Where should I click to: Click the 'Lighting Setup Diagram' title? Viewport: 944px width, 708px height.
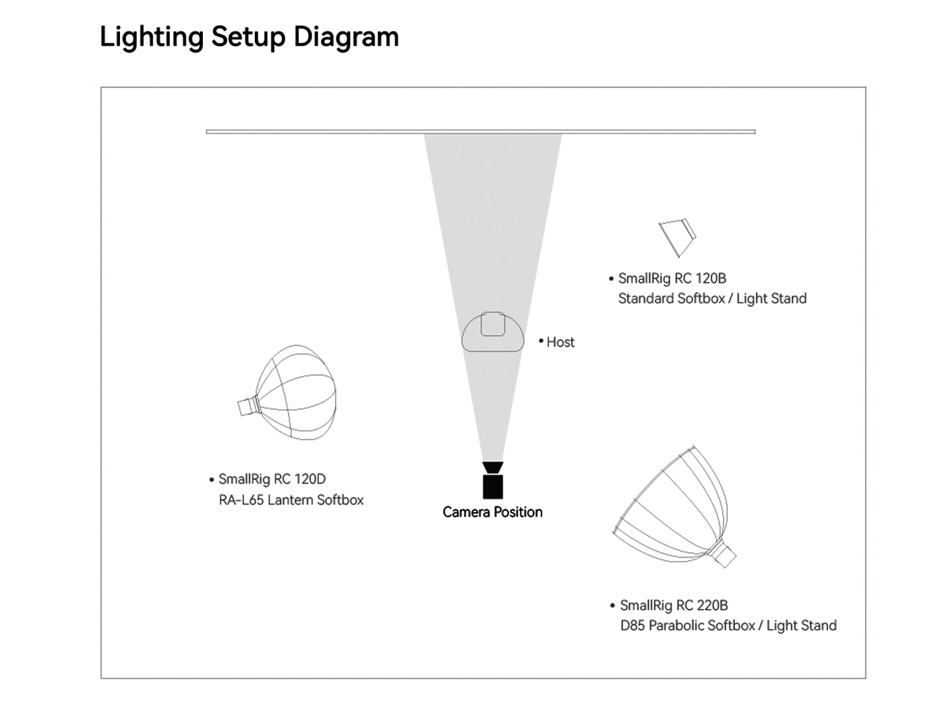click(x=249, y=36)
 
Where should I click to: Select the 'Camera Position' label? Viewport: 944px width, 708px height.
click(x=492, y=512)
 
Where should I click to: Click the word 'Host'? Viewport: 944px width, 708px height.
click(x=560, y=343)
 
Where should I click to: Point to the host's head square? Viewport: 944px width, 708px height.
click(x=492, y=324)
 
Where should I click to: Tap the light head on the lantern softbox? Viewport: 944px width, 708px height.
click(x=247, y=407)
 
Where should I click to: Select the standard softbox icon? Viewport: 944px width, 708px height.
click(x=677, y=237)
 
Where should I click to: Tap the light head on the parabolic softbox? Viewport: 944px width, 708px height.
click(x=726, y=555)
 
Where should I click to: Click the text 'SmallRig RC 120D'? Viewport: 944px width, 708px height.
click(x=272, y=479)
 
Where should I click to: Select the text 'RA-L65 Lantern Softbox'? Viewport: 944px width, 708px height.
click(x=291, y=500)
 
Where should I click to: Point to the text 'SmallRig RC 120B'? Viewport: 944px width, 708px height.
click(x=672, y=278)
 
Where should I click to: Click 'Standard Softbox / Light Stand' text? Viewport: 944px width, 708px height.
click(x=712, y=299)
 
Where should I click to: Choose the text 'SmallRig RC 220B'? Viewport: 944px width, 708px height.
click(x=674, y=606)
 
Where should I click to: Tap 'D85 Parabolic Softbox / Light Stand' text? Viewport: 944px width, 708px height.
click(x=728, y=626)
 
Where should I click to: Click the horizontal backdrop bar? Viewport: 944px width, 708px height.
click(x=480, y=131)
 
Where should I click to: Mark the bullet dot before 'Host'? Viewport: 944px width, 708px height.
click(x=541, y=341)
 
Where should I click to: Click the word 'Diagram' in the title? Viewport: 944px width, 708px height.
click(x=346, y=36)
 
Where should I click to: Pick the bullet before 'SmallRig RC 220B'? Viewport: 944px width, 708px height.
click(x=612, y=606)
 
